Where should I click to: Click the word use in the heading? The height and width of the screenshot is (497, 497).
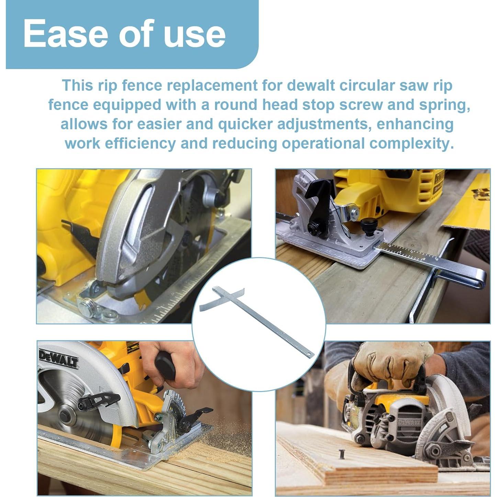click(195, 34)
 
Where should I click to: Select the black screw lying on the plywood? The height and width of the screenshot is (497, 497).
click(342, 454)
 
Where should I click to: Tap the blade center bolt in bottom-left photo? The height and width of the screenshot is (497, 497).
click(64, 415)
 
